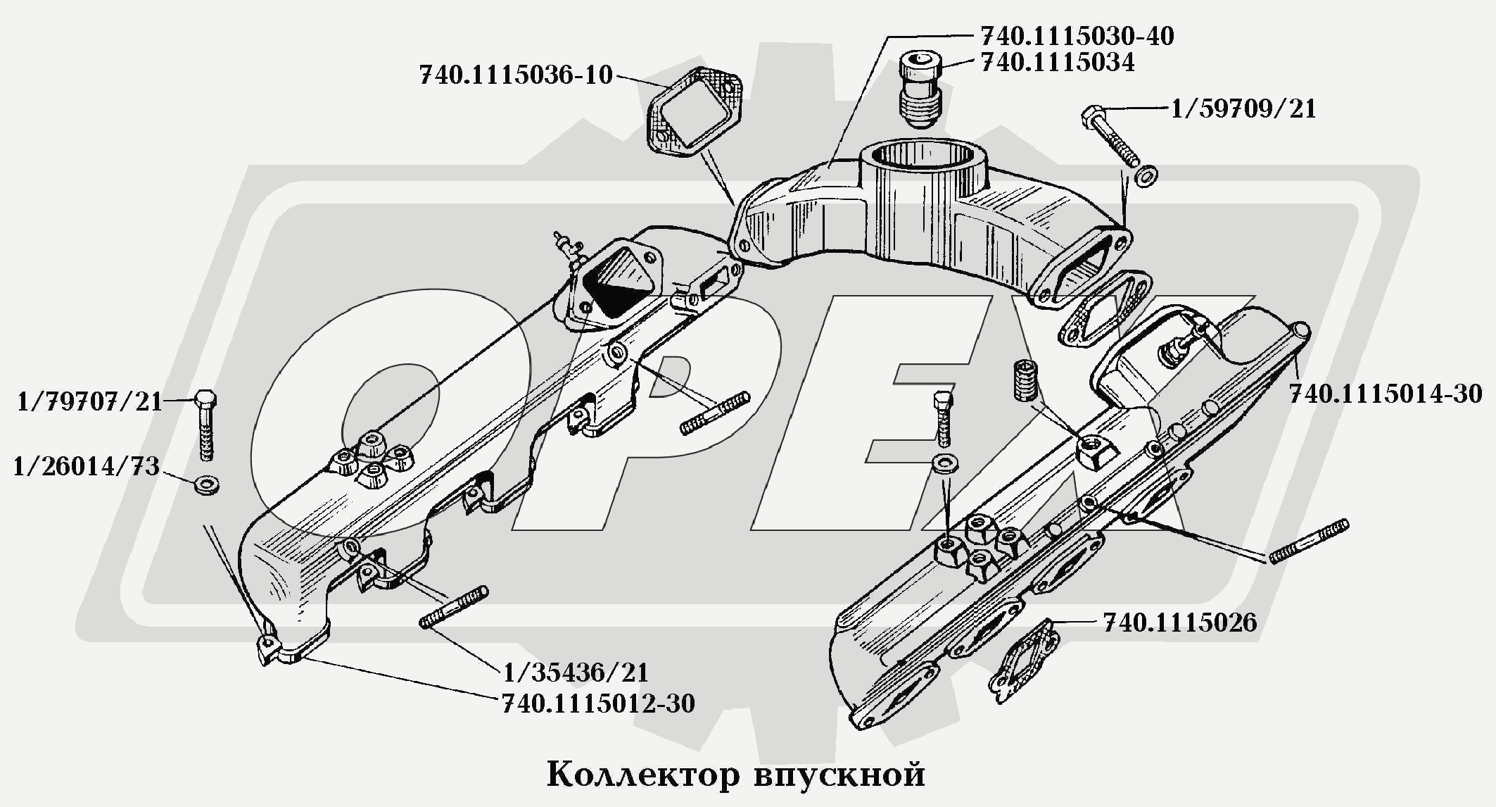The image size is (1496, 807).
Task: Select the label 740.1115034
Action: (x=1057, y=63)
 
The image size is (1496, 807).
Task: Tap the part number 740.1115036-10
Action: (x=516, y=75)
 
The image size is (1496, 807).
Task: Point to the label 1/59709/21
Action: (x=1243, y=109)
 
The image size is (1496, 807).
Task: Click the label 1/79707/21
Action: (x=89, y=402)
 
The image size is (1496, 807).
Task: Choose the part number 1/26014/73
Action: (x=86, y=466)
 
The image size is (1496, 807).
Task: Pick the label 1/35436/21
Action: (x=575, y=672)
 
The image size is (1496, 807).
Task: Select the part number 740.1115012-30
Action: (x=598, y=703)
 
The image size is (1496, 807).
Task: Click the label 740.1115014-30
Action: (x=1385, y=394)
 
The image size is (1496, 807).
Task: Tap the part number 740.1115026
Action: (x=1179, y=623)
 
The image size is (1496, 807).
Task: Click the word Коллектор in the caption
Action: (x=643, y=775)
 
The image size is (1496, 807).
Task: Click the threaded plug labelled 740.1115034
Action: (x=919, y=89)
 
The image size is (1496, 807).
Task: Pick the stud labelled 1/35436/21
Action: (x=454, y=607)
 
